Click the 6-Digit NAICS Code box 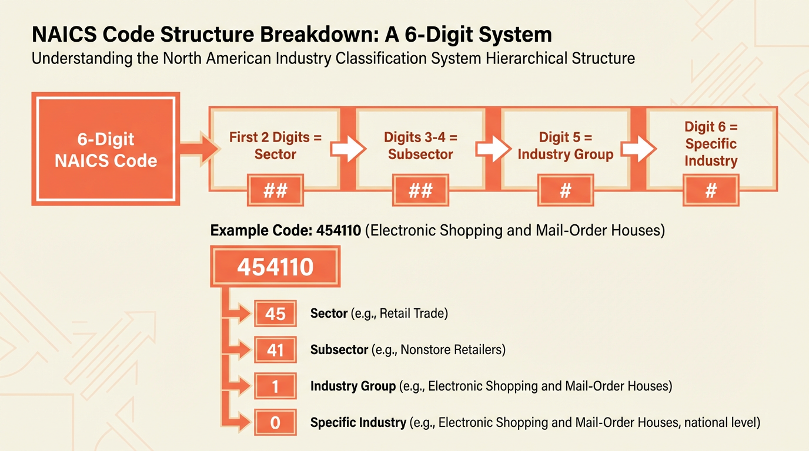click(106, 149)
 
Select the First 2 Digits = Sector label click(275, 146)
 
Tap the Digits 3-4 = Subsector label click(420, 146)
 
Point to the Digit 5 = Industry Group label click(566, 146)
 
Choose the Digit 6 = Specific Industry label click(711, 144)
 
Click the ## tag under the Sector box click(275, 191)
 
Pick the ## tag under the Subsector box click(420, 191)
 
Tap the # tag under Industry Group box click(566, 191)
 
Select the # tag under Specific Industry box click(711, 191)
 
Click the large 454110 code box click(275, 268)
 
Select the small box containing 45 click(275, 314)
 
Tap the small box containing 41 click(275, 351)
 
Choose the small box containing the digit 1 click(275, 387)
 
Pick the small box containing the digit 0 click(275, 423)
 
